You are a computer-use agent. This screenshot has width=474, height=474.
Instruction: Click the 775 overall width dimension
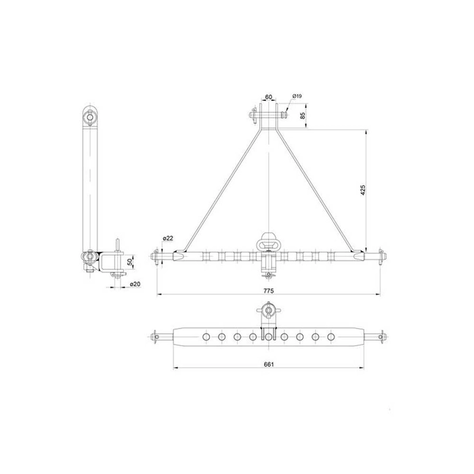click(x=268, y=289)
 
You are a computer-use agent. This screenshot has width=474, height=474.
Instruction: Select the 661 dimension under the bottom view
click(x=268, y=363)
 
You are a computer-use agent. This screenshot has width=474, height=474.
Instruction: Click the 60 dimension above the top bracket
click(x=269, y=98)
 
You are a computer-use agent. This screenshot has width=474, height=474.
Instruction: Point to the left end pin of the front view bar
click(x=160, y=257)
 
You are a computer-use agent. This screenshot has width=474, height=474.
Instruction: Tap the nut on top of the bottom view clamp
click(x=269, y=312)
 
